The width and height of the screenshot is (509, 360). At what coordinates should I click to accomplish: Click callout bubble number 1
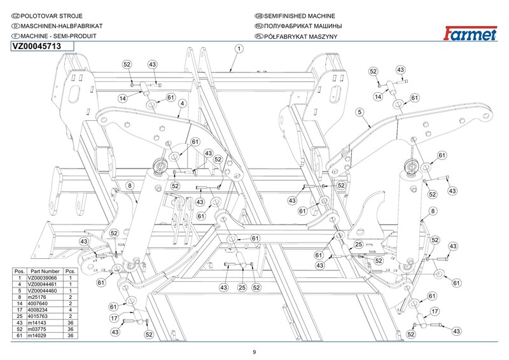coord(239,48)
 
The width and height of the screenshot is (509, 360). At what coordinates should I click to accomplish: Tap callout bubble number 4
coord(182,103)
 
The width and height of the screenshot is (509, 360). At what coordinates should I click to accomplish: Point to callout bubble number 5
coord(359,112)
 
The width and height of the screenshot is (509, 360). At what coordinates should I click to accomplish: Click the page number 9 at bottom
coord(254,352)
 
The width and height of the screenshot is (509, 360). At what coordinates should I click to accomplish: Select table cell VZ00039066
coord(43,278)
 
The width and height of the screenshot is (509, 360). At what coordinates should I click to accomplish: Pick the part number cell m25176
coord(43,297)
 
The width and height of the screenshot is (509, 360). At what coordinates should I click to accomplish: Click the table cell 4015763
coord(43,316)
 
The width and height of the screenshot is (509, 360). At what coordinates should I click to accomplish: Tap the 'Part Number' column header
coord(43,272)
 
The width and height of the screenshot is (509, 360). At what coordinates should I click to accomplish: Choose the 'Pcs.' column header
coord(71,272)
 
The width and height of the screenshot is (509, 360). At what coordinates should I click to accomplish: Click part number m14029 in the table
coord(43,335)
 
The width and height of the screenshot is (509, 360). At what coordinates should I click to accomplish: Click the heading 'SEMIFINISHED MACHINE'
coord(299,15)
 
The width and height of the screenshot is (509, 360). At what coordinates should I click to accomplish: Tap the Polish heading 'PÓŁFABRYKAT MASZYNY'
coord(299,36)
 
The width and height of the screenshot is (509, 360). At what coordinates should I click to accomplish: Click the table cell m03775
coord(43,329)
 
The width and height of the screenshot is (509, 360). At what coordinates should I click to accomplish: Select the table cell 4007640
coord(43,303)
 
